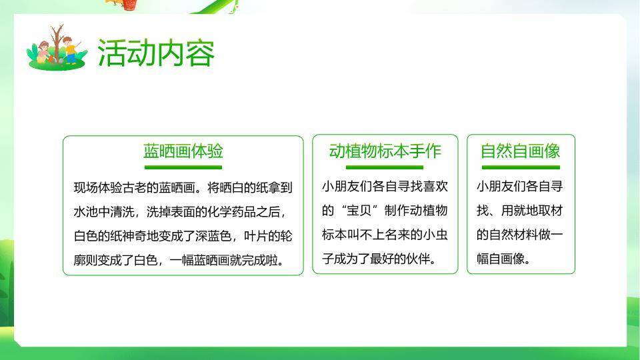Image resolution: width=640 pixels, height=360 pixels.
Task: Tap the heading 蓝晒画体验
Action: coord(183,151)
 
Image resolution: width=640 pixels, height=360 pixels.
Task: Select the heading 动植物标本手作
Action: coord(385,151)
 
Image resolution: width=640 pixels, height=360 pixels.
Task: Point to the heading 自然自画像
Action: coord(520,151)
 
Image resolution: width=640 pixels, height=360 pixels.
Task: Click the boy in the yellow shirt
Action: coord(71,52)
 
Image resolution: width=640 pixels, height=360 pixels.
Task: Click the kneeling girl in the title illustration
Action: coord(44,52)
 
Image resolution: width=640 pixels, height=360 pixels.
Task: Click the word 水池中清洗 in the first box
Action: coord(100,212)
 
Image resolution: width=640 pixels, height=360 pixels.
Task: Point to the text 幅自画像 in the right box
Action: coord(500,259)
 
